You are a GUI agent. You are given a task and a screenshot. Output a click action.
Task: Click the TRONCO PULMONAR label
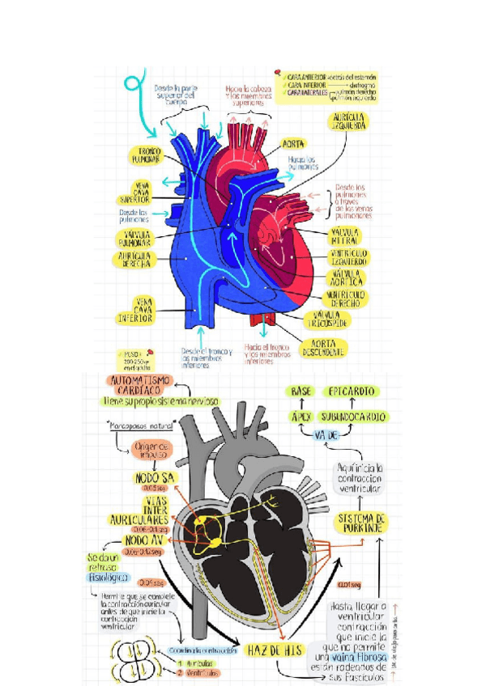pos(147,155)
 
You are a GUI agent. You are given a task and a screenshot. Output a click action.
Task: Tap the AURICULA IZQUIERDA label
pos(349,122)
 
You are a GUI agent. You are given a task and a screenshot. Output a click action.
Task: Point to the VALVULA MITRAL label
pos(345,235)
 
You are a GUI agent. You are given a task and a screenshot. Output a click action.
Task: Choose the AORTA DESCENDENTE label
pos(326,346)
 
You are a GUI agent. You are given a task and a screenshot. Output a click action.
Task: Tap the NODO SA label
pos(152,477)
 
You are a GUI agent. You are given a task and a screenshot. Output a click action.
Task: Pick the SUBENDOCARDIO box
pos(352,416)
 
